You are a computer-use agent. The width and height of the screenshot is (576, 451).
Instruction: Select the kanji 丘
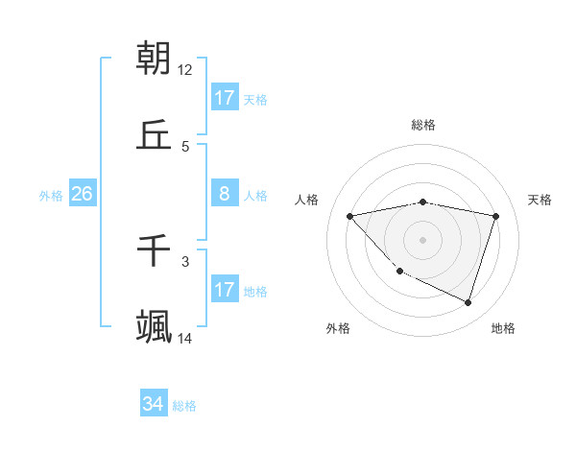pyautogui.click(x=155, y=135)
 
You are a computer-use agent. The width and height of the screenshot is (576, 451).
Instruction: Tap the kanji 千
pyautogui.click(x=155, y=251)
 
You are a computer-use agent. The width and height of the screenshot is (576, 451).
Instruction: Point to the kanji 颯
pyautogui.click(x=155, y=327)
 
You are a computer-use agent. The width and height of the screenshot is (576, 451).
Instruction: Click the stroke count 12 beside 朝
pyautogui.click(x=185, y=69)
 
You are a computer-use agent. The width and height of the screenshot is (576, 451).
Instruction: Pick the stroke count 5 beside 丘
pyautogui.click(x=185, y=146)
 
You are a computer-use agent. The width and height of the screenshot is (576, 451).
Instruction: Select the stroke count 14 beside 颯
pyautogui.click(x=185, y=338)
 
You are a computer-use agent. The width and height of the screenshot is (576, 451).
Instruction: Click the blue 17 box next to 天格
pyautogui.click(x=225, y=98)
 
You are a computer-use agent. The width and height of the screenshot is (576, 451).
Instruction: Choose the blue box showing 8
pyautogui.click(x=225, y=194)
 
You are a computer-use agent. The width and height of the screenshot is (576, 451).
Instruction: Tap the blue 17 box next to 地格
pyautogui.click(x=225, y=290)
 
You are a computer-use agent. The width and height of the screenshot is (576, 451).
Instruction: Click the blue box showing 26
pyautogui.click(x=82, y=194)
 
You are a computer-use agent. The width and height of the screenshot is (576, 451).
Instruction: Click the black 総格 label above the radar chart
pyautogui.click(x=423, y=125)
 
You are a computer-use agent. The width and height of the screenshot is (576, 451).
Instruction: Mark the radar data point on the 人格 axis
pyautogui.click(x=350, y=216)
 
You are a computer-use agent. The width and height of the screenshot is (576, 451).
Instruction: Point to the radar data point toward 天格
pyautogui.click(x=496, y=216)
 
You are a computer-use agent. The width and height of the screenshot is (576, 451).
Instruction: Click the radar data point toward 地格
pyautogui.click(x=468, y=302)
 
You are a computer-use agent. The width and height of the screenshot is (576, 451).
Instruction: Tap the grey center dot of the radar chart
pyautogui.click(x=423, y=239)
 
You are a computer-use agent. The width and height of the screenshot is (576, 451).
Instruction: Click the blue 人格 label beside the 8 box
pyautogui.click(x=255, y=196)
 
